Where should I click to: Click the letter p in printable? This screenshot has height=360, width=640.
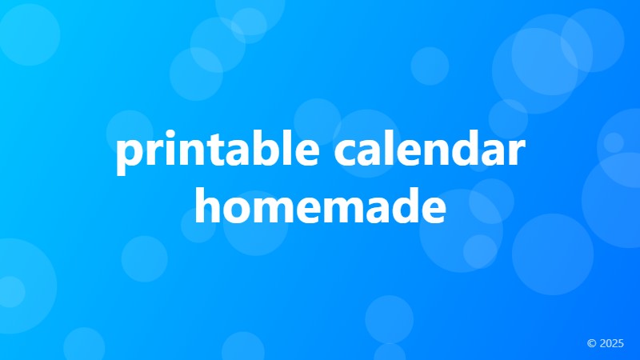click(x=128, y=157)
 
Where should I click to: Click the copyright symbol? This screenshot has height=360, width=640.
click(x=591, y=343)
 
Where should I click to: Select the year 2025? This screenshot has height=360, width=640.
click(x=611, y=343)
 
